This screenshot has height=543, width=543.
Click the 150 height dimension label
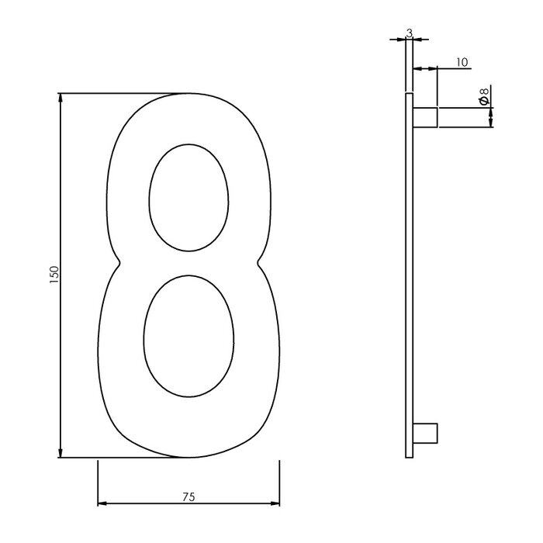click(54, 275)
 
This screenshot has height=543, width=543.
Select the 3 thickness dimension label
click(409, 33)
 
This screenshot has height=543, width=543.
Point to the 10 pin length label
click(462, 63)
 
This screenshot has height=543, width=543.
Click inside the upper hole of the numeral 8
click(188, 198)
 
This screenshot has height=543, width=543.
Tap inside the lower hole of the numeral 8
click(188, 336)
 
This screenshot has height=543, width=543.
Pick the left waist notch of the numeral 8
click(118, 262)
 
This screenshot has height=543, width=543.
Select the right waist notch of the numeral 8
click(258, 262)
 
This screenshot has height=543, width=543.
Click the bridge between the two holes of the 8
click(188, 264)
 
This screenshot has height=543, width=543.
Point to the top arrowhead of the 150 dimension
click(61, 99)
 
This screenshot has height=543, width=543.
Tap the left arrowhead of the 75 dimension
click(102, 504)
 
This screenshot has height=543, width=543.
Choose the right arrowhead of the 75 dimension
click(275, 504)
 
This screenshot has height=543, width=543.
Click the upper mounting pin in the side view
click(425, 117)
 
